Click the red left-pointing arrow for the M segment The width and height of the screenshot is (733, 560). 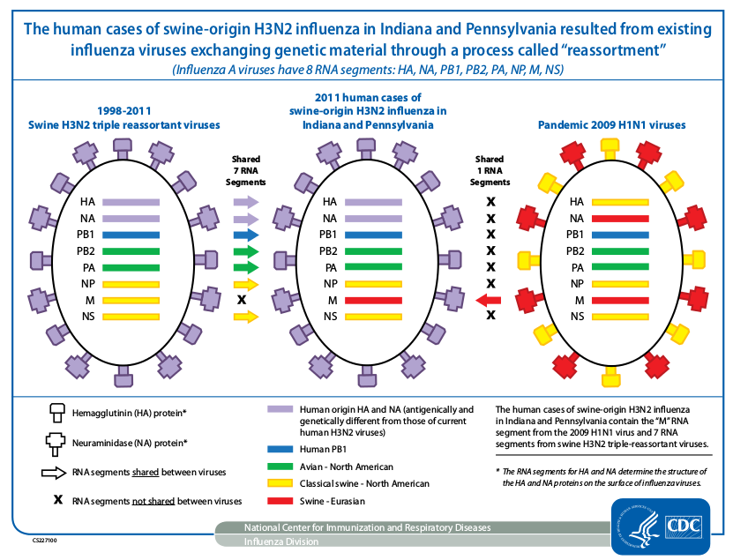coord(488,300)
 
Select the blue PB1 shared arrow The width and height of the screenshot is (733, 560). coord(246,235)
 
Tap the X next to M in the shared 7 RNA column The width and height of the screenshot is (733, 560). coord(241,300)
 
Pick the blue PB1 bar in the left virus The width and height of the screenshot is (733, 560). coord(131,235)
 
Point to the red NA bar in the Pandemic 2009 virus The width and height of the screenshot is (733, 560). coord(620,218)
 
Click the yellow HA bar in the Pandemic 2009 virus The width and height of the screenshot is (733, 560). coord(620,202)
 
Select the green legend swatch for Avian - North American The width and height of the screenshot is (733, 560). coord(280,467)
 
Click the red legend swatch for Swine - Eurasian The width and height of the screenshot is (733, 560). coord(280,501)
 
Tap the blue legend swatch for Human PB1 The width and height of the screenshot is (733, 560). coord(280,449)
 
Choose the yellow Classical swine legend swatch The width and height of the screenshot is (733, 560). coord(280,484)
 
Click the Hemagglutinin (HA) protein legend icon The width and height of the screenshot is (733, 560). coord(57,414)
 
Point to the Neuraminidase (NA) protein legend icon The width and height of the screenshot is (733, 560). coord(57,443)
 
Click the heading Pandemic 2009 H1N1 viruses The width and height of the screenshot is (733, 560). coord(611,125)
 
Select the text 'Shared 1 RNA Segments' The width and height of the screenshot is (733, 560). coord(490,171)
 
